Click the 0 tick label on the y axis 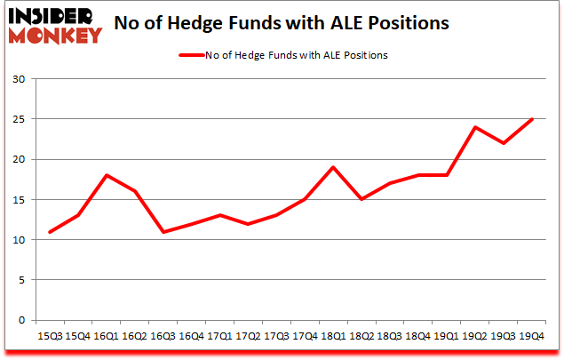pyautogui.click(x=20, y=320)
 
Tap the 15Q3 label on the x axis pyautogui.click(x=51, y=336)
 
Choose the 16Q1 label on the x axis pyautogui.click(x=106, y=336)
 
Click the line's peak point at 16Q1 pyautogui.click(x=107, y=176)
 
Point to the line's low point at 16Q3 pyautogui.click(x=163, y=232)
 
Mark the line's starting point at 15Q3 pyautogui.click(x=51, y=232)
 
